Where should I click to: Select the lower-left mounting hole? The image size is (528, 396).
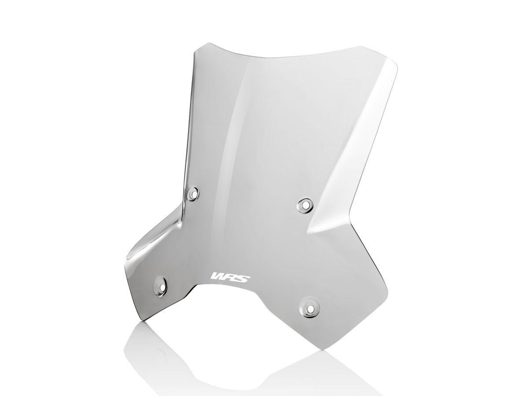(x=159, y=285)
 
